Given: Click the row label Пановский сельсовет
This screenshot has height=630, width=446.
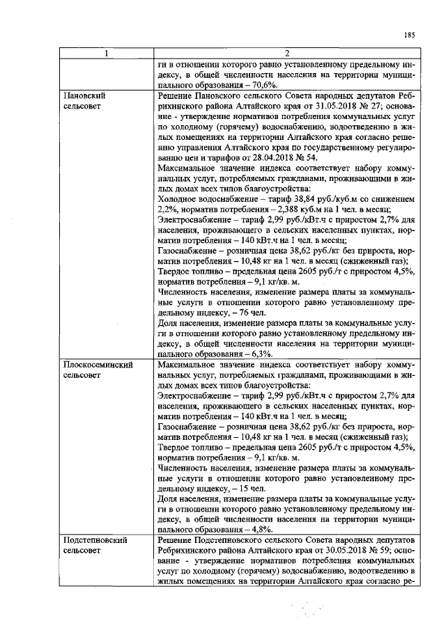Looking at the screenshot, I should [88, 99].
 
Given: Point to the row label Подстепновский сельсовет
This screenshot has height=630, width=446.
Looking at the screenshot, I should [94, 546].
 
